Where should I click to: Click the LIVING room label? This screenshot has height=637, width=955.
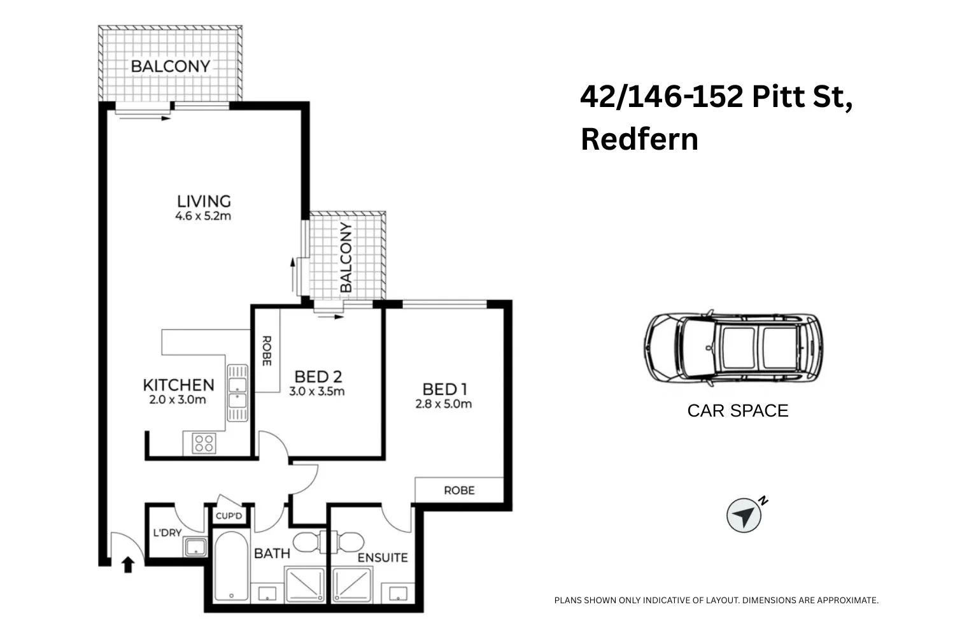coord(204,201)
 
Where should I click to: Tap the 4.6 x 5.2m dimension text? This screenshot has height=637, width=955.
coord(203,217)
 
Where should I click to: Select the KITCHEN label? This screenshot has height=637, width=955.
coord(178,385)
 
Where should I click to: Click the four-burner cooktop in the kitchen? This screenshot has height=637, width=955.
coord(204,443)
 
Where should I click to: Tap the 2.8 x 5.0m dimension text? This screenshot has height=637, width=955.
coord(444,404)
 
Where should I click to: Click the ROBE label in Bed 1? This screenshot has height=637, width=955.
coord(459,490)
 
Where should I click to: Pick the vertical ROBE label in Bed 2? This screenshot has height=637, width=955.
coord(266,351)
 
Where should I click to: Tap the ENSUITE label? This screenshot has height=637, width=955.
coord(382,558)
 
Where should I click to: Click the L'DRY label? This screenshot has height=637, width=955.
coord(167,533)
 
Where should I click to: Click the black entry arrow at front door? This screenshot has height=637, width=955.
coord(128,564)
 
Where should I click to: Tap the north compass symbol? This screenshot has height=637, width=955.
coord(744,515)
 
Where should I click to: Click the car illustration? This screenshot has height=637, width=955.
coord(732,347)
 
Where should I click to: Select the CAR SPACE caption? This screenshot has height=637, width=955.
coord(738,411)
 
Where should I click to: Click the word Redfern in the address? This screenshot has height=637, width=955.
coord(639,139)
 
